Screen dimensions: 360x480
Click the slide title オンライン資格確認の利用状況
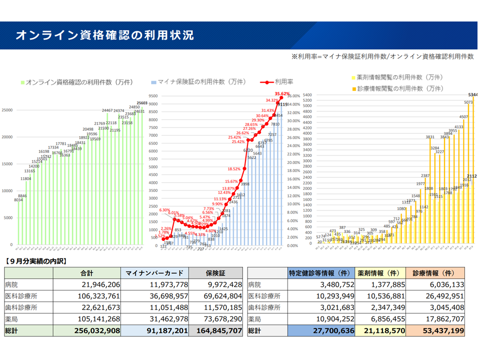[x=104, y=35]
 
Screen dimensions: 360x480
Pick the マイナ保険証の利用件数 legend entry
[x=198, y=81]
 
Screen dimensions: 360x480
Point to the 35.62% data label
[x=282, y=93]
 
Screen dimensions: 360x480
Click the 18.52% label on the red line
[x=234, y=169]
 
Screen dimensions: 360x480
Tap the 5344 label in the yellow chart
[x=473, y=94]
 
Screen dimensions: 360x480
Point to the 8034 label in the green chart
[x=18, y=200]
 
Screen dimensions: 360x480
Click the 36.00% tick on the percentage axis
[x=294, y=95]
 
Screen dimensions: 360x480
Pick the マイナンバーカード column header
[x=154, y=273]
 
